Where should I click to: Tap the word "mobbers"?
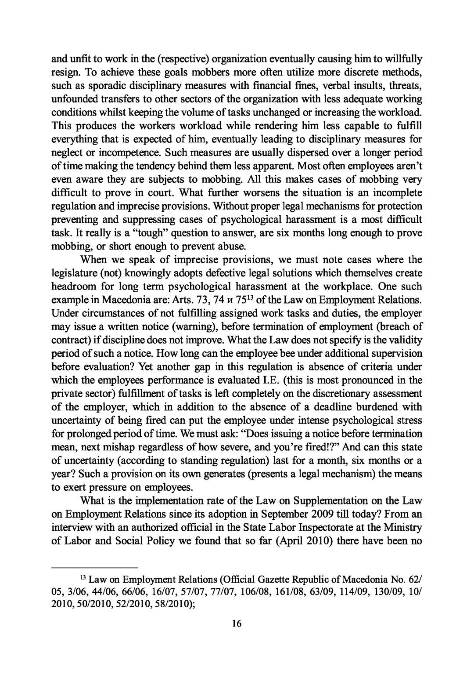click(x=187, y=72)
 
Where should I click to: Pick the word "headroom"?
click(x=71, y=286)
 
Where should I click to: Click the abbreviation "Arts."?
click(x=176, y=300)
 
